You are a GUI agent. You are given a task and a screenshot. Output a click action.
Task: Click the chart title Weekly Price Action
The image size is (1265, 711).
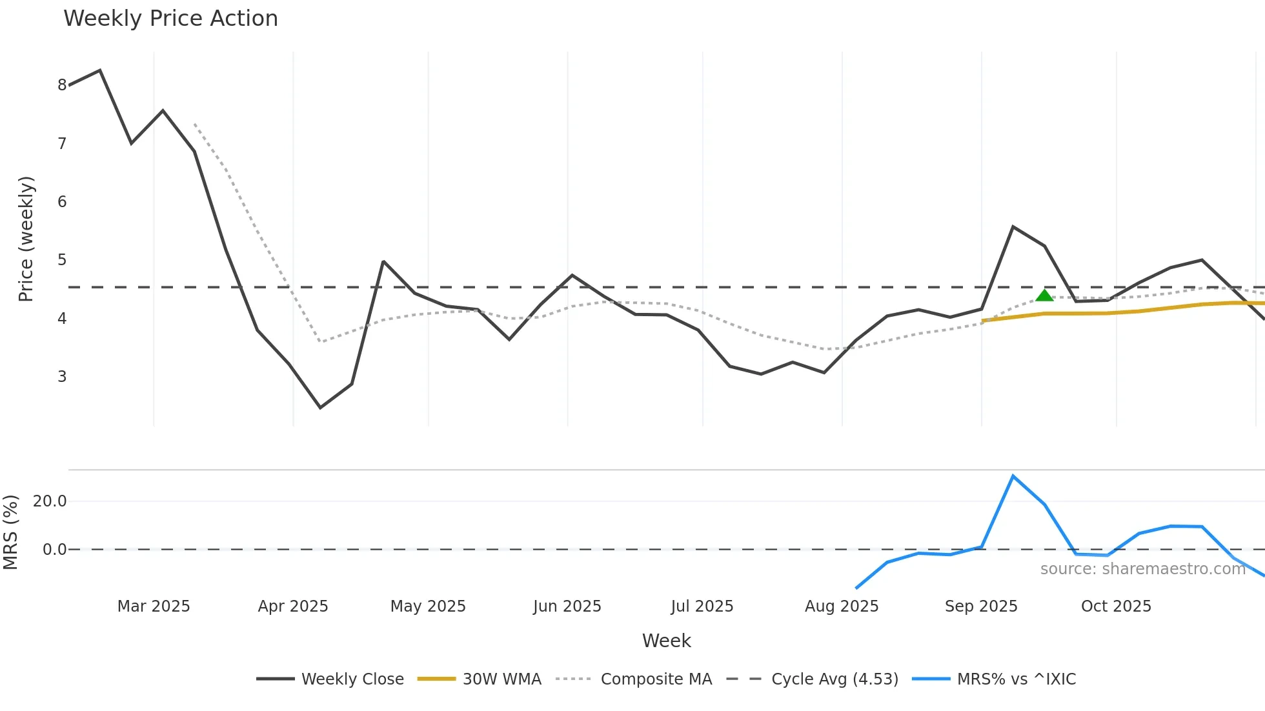coord(170,19)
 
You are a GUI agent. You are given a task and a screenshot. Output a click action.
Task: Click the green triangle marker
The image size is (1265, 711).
coord(1044,295)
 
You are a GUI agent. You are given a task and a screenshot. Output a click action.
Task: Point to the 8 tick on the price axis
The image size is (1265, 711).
coord(62,85)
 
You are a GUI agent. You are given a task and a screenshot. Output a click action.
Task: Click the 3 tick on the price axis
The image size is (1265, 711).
coord(62,377)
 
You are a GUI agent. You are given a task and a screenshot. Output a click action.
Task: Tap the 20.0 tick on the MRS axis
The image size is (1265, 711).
coord(50,501)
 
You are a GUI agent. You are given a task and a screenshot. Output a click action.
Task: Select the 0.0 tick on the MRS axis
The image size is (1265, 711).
coord(54,550)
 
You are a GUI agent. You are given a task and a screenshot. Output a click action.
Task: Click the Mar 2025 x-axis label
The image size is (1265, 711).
coord(154,606)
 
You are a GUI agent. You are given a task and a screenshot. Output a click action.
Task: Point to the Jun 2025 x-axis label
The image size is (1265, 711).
coord(567,606)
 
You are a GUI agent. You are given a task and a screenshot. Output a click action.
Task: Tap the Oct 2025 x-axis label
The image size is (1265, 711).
coord(1116,606)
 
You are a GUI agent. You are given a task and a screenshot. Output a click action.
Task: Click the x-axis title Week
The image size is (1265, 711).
coord(666,641)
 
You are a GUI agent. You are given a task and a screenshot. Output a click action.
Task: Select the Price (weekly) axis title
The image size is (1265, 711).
coord(26,239)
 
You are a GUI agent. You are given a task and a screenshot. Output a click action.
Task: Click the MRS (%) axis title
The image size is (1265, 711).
coord(10,532)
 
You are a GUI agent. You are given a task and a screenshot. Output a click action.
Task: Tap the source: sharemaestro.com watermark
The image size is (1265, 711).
coord(1142,569)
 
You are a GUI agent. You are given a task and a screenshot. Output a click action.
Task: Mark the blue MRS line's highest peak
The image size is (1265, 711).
coord(1013,476)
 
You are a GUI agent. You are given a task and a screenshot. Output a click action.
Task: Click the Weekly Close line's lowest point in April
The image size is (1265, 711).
coord(320,408)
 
